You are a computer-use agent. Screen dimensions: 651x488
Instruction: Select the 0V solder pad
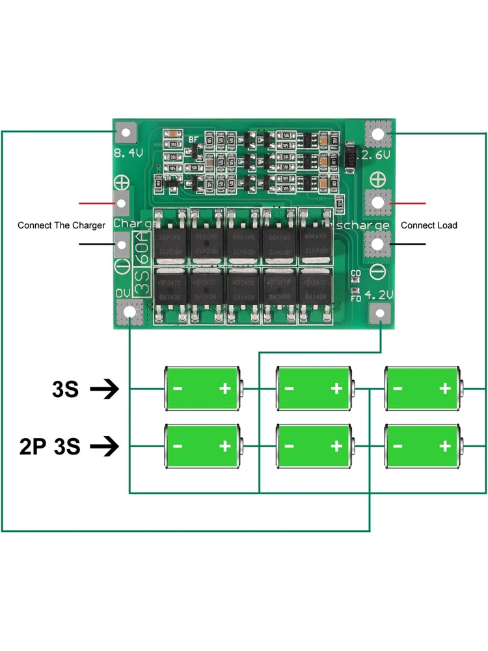pos(131,313)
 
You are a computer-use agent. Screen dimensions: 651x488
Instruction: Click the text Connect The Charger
pos(61,225)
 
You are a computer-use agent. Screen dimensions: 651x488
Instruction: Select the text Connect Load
pos(429,225)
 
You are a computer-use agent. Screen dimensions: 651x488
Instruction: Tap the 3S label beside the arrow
pos(65,390)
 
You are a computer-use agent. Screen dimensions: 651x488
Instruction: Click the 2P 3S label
pos(49,447)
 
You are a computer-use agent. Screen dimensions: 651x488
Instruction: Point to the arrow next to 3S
pos(104,390)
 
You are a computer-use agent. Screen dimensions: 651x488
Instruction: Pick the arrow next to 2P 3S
pos(104,447)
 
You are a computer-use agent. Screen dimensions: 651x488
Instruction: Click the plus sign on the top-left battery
pos(225,389)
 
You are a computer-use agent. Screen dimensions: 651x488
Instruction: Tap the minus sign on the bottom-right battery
pos(397,446)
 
